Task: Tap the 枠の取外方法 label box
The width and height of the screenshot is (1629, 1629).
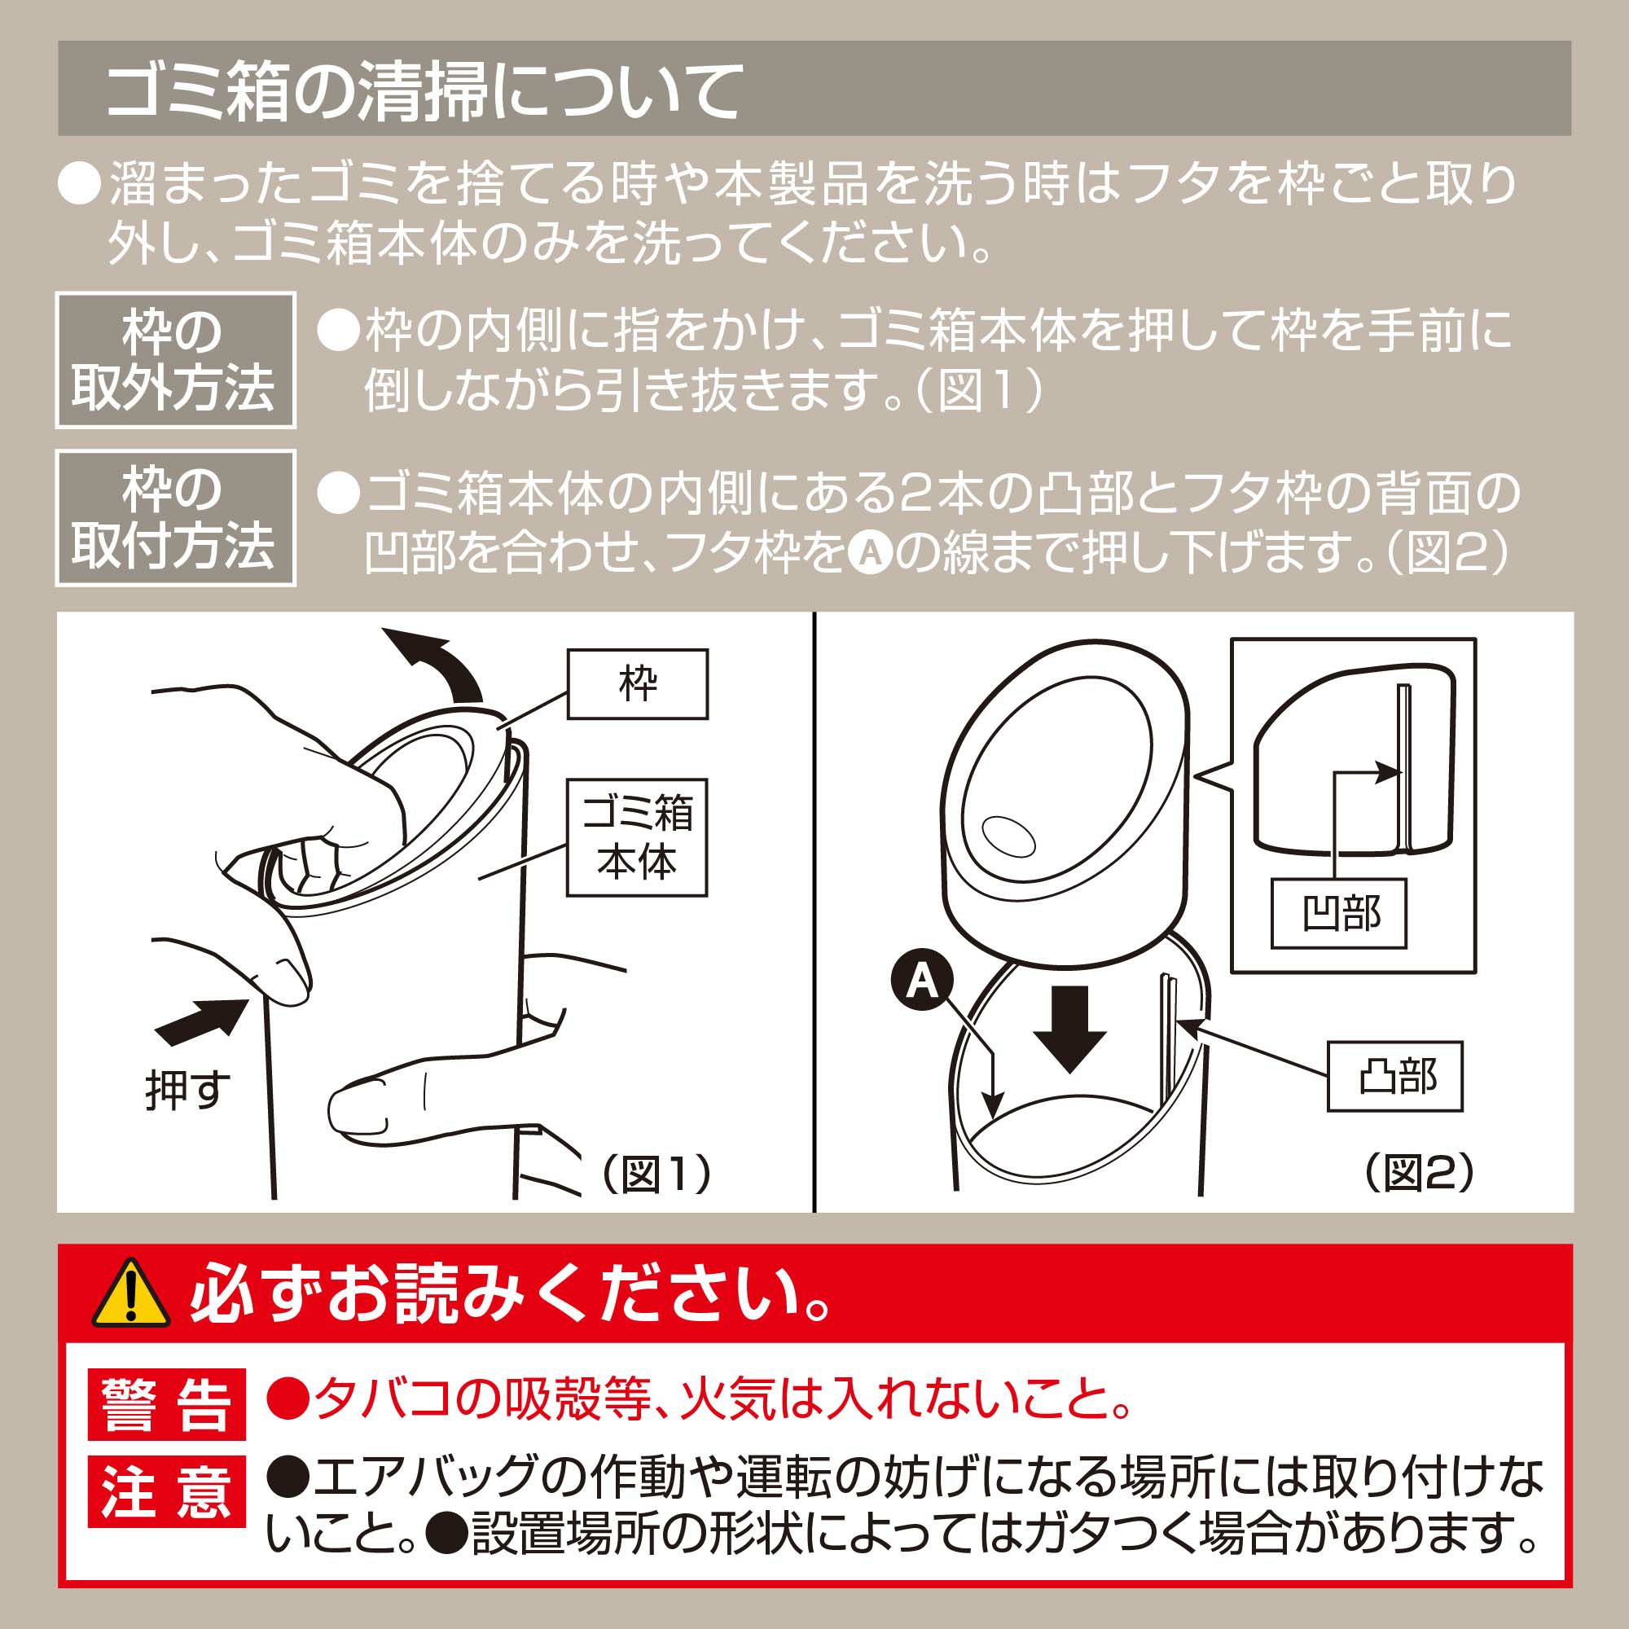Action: point(175,361)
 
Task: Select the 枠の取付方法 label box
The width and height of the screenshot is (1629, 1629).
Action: point(175,517)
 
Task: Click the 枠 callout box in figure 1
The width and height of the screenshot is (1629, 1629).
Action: point(638,684)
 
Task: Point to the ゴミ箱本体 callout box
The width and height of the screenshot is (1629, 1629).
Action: point(637,838)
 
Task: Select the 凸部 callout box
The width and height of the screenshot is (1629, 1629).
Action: point(1394,1077)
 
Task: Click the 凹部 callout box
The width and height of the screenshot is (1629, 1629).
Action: point(1339,913)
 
